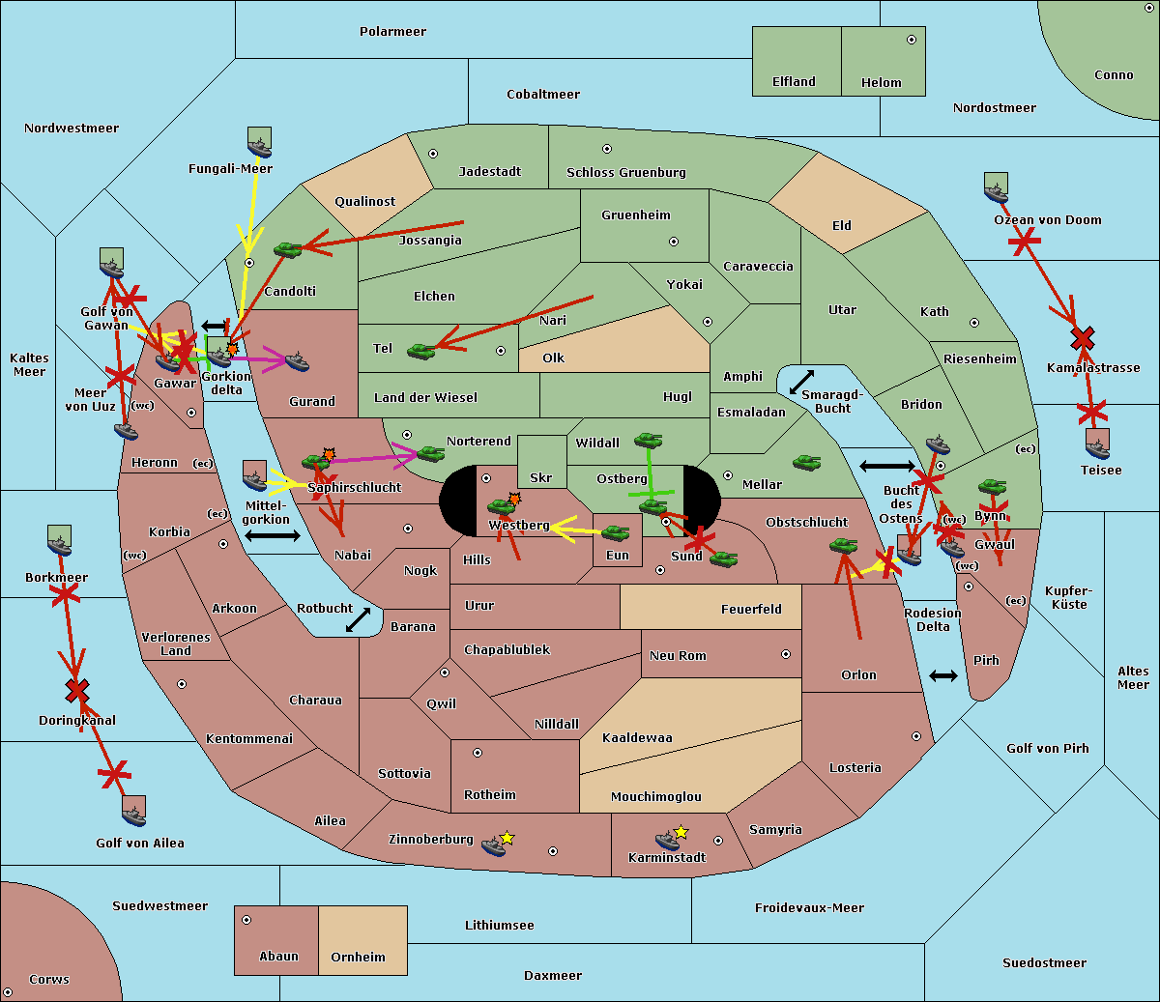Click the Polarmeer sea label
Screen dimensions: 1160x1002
(392, 32)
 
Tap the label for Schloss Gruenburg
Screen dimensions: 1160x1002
(626, 172)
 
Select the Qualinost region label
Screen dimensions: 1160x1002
(364, 201)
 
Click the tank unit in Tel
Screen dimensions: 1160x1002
(420, 352)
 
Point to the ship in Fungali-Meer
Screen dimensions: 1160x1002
(259, 142)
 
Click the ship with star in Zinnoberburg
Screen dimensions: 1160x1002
(494, 846)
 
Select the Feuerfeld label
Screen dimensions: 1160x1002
(751, 609)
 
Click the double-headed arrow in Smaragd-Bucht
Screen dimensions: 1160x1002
(801, 382)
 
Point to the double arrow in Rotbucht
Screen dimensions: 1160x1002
(358, 619)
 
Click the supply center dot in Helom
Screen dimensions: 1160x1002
(912, 40)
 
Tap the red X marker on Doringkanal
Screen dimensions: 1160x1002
(77, 691)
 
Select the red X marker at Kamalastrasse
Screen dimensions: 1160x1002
(1083, 338)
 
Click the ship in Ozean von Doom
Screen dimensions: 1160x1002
(996, 187)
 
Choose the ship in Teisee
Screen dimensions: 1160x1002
(1098, 444)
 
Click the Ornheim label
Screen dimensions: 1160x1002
(358, 957)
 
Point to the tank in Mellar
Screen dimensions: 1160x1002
(807, 463)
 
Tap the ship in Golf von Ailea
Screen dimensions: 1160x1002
(134, 812)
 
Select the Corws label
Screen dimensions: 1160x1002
(49, 979)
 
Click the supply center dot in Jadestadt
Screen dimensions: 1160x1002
(433, 154)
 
